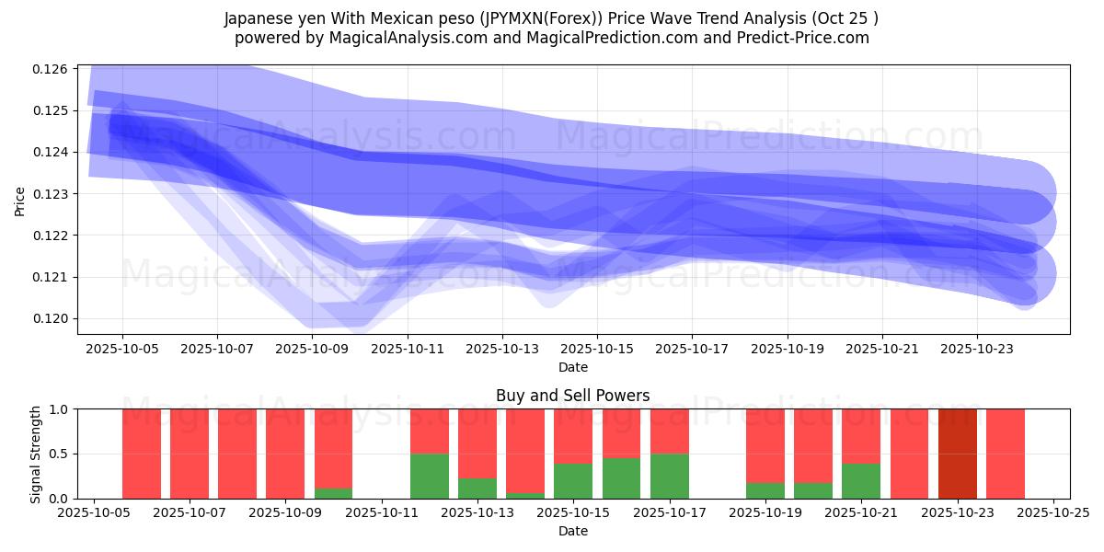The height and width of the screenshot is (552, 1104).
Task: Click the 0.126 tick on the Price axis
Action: tap(51, 69)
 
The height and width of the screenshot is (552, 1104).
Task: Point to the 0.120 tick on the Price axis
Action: tap(51, 318)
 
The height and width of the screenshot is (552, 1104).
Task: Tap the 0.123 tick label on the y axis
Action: tap(51, 194)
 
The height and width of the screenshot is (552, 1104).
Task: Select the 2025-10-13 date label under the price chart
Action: tap(502, 350)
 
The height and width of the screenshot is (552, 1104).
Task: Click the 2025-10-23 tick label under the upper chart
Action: tap(977, 350)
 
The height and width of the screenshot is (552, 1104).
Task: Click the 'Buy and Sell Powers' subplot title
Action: tap(572, 396)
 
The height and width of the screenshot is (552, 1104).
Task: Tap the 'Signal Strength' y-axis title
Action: tap(36, 454)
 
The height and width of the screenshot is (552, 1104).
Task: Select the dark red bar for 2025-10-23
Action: tap(958, 454)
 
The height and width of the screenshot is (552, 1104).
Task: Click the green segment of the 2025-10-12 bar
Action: tap(430, 477)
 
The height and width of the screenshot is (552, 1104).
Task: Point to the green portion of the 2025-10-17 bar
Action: tap(670, 477)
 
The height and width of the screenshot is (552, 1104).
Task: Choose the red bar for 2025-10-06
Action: tap(142, 454)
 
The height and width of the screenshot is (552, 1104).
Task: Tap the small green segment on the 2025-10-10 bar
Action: tap(333, 493)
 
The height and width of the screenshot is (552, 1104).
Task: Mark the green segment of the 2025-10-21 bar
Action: tap(861, 481)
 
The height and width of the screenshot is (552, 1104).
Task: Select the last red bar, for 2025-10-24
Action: tap(1006, 454)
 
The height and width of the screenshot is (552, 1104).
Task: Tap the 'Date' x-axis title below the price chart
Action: tap(572, 367)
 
